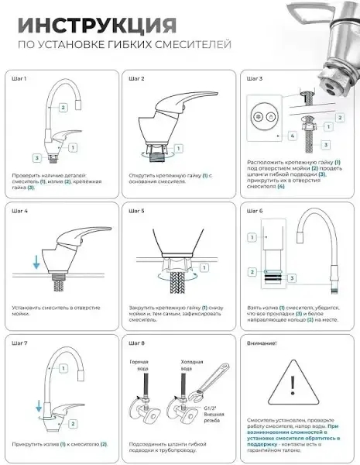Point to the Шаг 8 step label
[x=136, y=342]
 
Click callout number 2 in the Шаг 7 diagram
[x=72, y=424]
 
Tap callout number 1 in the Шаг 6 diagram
[x=252, y=237]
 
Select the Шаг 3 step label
[x=255, y=79]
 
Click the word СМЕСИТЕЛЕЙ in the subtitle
[x=195, y=45]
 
